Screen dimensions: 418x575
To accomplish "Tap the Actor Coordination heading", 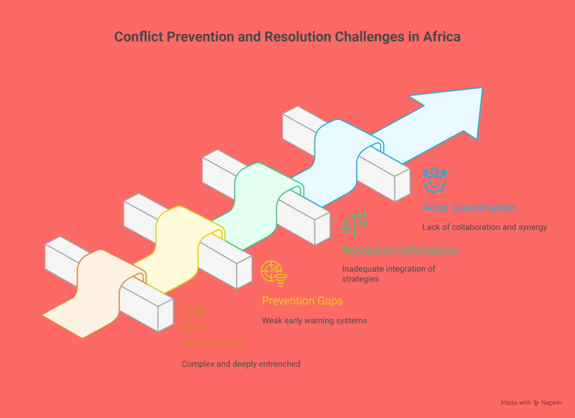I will [x=469, y=207].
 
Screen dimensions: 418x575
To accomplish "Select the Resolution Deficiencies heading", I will [x=399, y=250].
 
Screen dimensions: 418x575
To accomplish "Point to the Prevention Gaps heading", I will [x=302, y=301].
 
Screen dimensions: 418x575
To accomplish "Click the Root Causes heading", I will [x=213, y=344].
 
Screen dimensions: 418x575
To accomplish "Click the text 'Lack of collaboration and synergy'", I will [x=485, y=227].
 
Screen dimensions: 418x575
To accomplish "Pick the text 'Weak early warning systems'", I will [x=314, y=321].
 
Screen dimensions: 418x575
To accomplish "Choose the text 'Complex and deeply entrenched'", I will [x=241, y=364].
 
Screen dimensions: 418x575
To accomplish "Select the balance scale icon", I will [x=354, y=223].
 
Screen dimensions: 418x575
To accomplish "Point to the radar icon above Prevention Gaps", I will [x=274, y=273].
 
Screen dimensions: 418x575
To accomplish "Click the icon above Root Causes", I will [x=194, y=317].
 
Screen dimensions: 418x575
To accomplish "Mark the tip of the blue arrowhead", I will [x=482, y=88].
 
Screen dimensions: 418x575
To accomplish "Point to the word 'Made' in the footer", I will [x=509, y=403].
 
